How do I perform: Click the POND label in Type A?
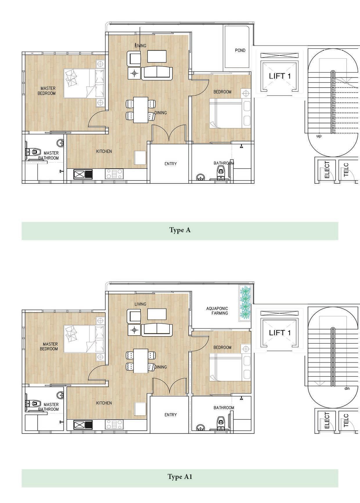[240, 51]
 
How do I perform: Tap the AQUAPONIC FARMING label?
[217, 311]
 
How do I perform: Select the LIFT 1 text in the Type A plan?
[280, 76]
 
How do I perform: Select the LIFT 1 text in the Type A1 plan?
[280, 333]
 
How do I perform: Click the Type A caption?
[180, 230]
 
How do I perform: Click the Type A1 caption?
[180, 477]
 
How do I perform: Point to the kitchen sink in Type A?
[83, 174]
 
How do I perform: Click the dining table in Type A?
[141, 110]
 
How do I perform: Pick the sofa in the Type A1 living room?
[157, 329]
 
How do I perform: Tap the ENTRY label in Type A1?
[170, 415]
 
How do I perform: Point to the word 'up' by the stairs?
[319, 136]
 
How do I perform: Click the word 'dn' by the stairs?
[347, 388]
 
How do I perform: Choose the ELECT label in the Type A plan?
[327, 170]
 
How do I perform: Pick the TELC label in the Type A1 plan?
[346, 421]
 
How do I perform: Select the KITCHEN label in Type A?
[104, 151]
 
